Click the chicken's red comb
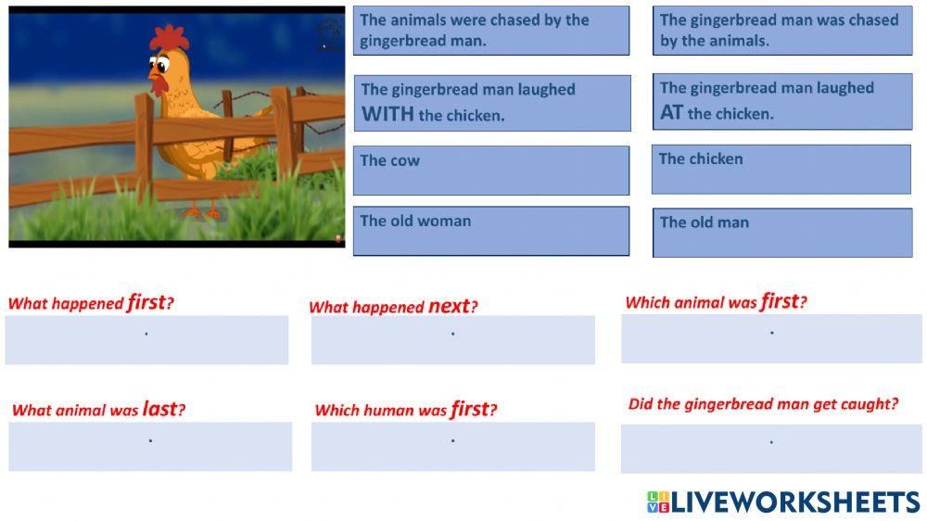pyautogui.click(x=169, y=37)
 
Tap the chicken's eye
pyautogui.click(x=161, y=66)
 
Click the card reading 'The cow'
pyautogui.click(x=490, y=170)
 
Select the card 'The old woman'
pyautogui.click(x=490, y=231)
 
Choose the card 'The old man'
pyautogui.click(x=781, y=232)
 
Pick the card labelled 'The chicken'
pyautogui.click(x=781, y=169)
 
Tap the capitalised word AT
pyautogui.click(x=671, y=113)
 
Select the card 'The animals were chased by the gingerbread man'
pyautogui.click(x=490, y=31)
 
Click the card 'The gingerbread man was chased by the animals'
pyautogui.click(x=781, y=31)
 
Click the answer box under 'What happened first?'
pyautogui.click(x=146, y=339)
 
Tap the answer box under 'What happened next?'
pyautogui.click(x=452, y=339)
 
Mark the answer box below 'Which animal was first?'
pyautogui.click(x=770, y=338)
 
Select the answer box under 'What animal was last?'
pyautogui.click(x=150, y=446)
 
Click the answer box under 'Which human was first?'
pyautogui.click(x=452, y=446)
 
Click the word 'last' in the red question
pyautogui.click(x=159, y=409)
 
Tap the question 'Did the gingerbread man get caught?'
pyautogui.click(x=763, y=404)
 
